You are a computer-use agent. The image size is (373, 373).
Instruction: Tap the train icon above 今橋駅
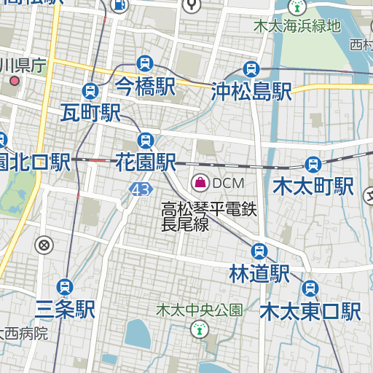pos(145,63)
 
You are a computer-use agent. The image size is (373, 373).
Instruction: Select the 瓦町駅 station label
pos(90,113)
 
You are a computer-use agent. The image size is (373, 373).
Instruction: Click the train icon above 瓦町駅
pos(90,90)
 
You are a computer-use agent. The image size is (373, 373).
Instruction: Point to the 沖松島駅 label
pos(251,91)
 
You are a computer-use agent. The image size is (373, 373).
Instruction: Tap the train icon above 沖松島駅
pos(252,69)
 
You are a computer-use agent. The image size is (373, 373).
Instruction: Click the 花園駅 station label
pos(146,162)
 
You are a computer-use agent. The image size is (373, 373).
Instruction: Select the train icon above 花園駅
pos(146,139)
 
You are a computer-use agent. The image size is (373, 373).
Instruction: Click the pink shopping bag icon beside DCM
pos(199,182)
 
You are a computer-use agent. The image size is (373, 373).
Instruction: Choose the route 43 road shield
pos(141,189)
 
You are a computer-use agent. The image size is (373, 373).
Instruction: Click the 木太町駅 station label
pos(313,186)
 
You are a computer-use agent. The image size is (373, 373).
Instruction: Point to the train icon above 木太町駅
pos(313,164)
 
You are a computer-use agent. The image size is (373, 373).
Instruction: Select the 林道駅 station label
pos(259,274)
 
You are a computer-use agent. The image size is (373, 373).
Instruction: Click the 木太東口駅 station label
pos(311,311)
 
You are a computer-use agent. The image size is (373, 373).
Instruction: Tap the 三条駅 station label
pos(66,310)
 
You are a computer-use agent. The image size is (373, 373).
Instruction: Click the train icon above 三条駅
pos(66,286)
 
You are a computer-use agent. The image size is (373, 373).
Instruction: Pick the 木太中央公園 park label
pos(199,310)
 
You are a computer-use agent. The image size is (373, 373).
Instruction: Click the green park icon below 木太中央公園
pos(197,330)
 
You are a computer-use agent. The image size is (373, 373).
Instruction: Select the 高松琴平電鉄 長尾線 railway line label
pos(209,217)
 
